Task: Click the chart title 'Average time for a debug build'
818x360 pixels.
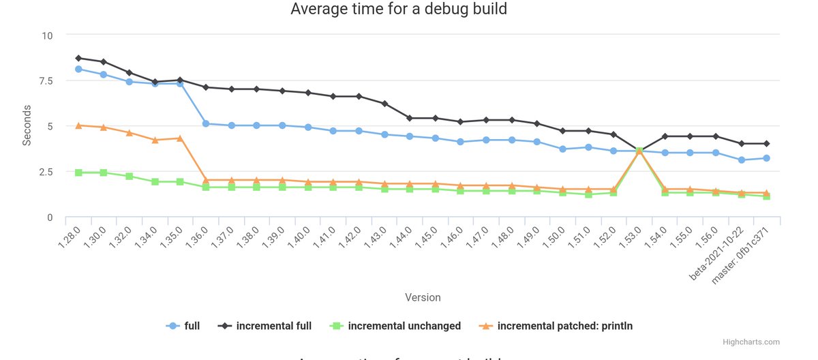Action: (399, 10)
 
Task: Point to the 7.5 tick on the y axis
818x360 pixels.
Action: (45, 80)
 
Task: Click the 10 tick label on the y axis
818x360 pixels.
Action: (47, 35)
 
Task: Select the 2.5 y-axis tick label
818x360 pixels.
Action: (45, 171)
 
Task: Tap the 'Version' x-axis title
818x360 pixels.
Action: (423, 297)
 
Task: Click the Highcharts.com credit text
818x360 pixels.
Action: (753, 342)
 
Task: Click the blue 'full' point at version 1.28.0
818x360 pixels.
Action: (78, 69)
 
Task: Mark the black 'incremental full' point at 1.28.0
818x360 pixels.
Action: (78, 58)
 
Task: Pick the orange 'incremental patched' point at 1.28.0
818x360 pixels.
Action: (78, 125)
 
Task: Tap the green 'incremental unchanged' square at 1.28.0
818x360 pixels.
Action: (78, 172)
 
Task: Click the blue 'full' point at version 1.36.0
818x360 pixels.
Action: (206, 123)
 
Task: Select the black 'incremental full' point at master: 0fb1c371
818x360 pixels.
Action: (767, 144)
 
